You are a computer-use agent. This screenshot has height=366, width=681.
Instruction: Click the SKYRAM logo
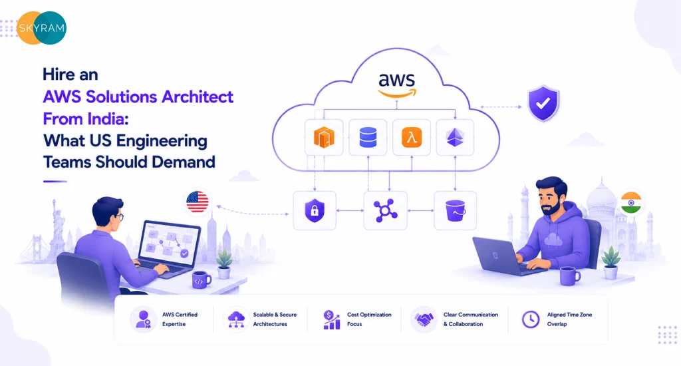[x=42, y=28]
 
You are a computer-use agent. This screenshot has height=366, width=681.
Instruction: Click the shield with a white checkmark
[x=543, y=103]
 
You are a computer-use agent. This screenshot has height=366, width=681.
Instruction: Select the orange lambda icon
[x=411, y=137]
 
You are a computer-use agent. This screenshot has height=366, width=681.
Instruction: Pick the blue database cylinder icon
[x=368, y=137]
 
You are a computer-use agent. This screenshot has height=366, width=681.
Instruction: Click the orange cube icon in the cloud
[x=324, y=137]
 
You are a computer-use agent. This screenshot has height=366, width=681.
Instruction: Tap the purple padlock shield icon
[x=315, y=210]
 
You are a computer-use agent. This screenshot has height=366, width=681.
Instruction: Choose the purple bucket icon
[x=455, y=211]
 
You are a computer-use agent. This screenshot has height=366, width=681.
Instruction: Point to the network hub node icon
[x=385, y=210]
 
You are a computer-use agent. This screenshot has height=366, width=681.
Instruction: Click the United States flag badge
[x=197, y=202]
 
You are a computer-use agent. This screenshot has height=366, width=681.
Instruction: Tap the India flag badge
[x=631, y=202]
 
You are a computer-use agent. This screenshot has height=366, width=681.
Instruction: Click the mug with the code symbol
[x=201, y=279]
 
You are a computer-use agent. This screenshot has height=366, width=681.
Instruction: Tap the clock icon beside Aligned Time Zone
[x=530, y=319]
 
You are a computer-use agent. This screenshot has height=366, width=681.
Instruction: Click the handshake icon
[x=424, y=319]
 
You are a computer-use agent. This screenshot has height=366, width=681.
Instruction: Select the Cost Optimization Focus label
[x=369, y=319]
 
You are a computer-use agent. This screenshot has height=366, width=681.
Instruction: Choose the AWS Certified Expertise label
[x=180, y=319]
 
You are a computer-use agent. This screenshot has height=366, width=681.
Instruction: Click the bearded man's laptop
[x=504, y=256]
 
